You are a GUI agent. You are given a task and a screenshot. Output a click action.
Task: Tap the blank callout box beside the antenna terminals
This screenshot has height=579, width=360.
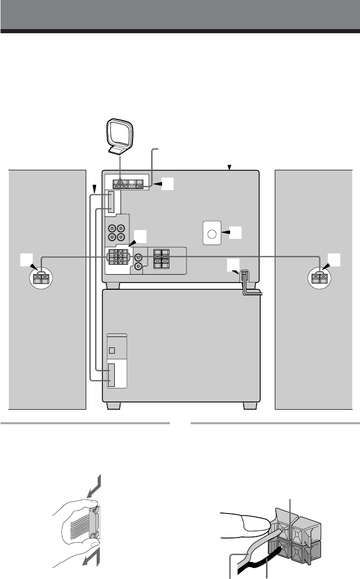[167, 183]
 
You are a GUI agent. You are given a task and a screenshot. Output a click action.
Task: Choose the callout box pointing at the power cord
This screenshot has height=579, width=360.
[233, 265]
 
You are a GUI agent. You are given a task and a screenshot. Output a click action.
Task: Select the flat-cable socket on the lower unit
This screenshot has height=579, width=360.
[113, 374]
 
